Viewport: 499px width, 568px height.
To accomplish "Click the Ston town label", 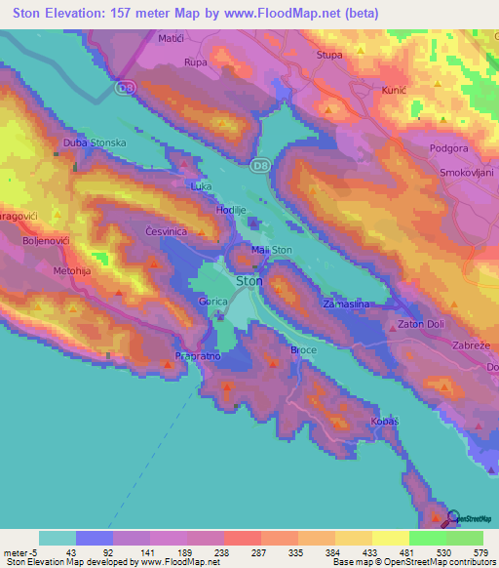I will click(249, 281).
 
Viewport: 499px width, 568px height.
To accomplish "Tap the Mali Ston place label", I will click(272, 251).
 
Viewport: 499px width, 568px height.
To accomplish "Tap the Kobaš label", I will click(385, 422).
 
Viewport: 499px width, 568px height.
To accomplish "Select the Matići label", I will click(172, 38).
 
